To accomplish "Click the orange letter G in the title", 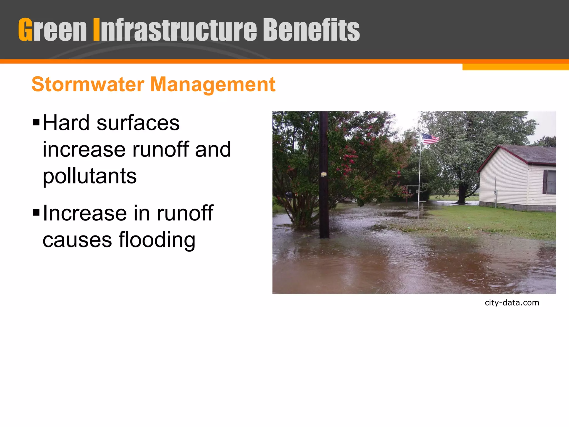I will (x=26, y=30).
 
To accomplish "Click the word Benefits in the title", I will (x=311, y=30).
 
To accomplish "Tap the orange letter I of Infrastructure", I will (x=96, y=30).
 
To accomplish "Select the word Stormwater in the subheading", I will (x=88, y=84).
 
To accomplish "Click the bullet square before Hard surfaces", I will (x=36, y=122).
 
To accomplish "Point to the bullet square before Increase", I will (x=36, y=213).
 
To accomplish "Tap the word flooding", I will (x=157, y=240).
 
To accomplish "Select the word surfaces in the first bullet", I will (x=138, y=123).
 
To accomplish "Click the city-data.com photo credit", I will (x=512, y=302).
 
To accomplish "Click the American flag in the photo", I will (x=430, y=139).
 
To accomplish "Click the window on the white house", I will (x=550, y=182).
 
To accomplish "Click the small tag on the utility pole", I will (x=323, y=174).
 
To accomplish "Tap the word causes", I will (x=77, y=240).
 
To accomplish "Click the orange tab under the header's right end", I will (x=515, y=67).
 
